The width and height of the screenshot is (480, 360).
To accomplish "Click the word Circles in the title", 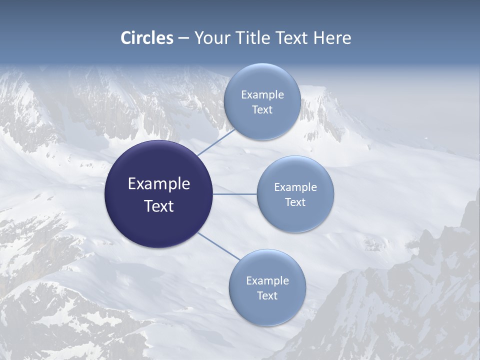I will pos(147,38).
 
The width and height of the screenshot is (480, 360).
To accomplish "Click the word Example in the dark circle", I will pos(159,184).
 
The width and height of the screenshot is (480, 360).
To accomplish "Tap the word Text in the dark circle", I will pos(159,206).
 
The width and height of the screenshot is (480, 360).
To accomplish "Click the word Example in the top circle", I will pos(262,95).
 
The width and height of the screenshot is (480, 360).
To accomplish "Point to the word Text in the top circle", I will pos(262,110).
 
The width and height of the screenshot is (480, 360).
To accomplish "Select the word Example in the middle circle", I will pos(295,187).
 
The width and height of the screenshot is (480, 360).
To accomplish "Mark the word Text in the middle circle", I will pos(295,202).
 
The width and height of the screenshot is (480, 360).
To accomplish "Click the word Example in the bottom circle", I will pos(267,281).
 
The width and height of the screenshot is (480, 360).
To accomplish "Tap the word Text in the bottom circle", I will pos(267,296).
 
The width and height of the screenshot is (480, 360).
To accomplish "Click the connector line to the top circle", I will pos(216,142).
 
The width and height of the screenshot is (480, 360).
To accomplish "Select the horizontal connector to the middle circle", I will pos(235,194).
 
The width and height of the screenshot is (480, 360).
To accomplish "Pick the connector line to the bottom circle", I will pos(219,246).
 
